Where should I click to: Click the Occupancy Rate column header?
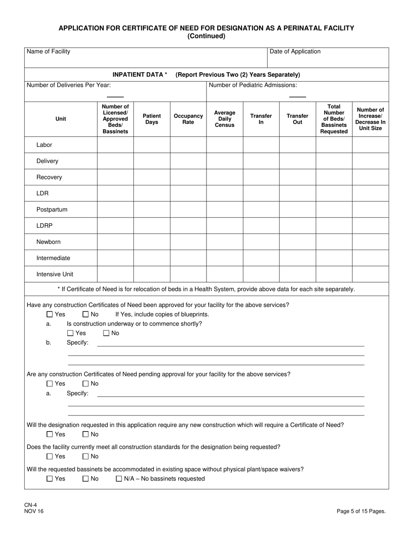click(188, 119)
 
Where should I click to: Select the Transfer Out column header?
click(297, 119)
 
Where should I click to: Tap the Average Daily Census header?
click(224, 119)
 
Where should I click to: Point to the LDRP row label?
click(44, 226)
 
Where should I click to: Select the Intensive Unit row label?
click(55, 274)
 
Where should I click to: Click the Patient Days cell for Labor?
click(152, 145)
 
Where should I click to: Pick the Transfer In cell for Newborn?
click(261, 242)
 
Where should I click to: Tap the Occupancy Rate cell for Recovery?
click(188, 177)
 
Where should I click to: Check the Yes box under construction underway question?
click(71, 333)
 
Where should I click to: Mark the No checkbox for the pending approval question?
click(86, 384)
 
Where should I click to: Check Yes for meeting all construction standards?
click(50, 456)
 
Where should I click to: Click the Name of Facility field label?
click(48, 52)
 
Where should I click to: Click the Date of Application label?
click(295, 52)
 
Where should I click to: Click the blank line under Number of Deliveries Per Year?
click(115, 96)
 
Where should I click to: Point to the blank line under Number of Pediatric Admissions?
click(297, 96)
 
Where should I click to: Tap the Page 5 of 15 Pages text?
click(361, 511)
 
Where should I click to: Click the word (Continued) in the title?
click(206, 36)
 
